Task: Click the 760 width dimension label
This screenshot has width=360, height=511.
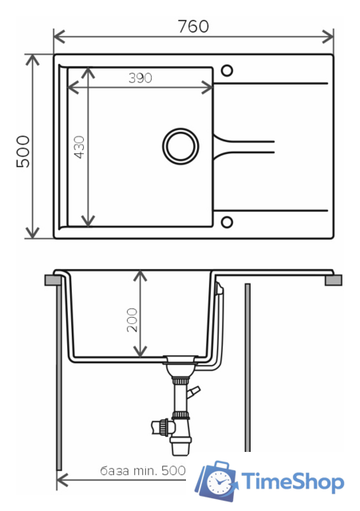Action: [x=193, y=26]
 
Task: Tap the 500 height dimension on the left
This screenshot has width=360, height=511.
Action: [x=23, y=152]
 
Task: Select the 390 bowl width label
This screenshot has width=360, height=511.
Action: [x=140, y=78]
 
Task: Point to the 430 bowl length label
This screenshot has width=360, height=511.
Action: [x=79, y=147]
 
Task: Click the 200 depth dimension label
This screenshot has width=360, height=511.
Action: [x=132, y=320]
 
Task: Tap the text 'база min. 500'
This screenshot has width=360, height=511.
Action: [x=143, y=470]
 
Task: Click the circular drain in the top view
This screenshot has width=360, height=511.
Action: [x=180, y=146]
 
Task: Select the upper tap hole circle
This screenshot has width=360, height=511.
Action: [x=227, y=70]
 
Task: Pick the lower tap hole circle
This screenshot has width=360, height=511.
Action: [x=227, y=222]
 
